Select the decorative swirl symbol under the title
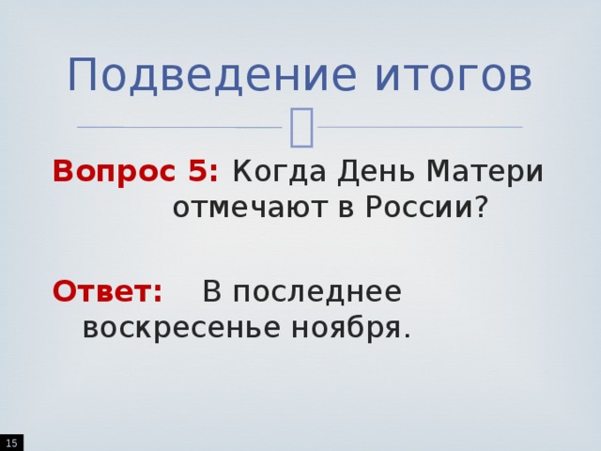302,128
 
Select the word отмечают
245,208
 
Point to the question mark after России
482,208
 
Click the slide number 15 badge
10,442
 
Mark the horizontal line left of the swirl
178,127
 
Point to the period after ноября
407,336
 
